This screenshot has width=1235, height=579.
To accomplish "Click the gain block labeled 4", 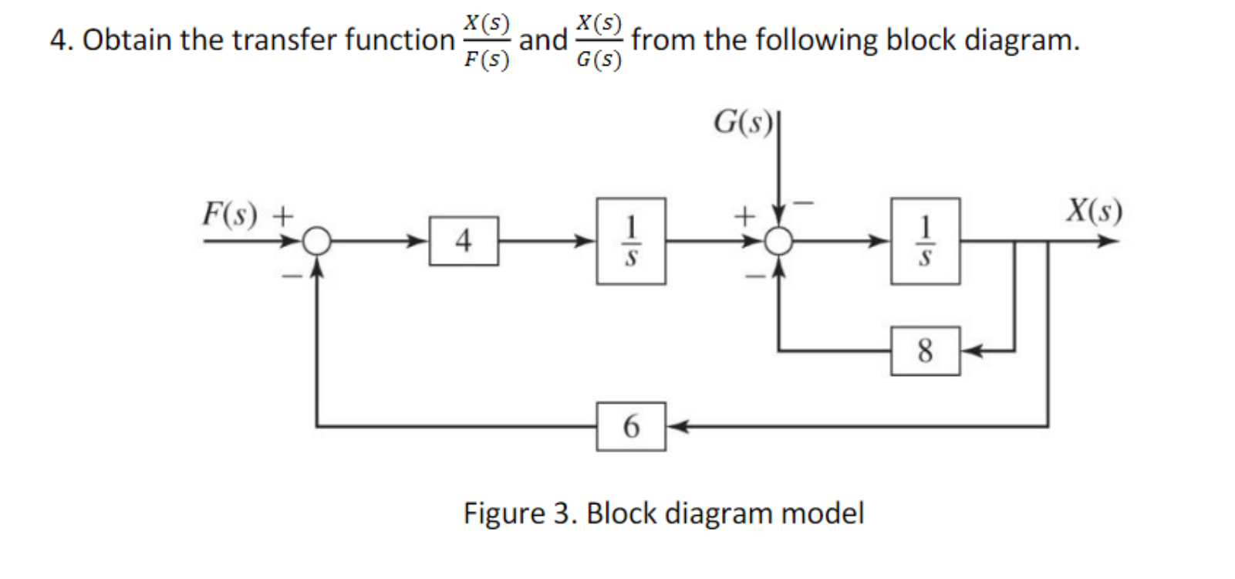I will [463, 242].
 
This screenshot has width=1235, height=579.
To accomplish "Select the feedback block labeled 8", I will [925, 351].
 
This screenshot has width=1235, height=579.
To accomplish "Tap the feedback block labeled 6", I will [630, 425].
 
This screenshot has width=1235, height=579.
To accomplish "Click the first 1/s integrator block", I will [630, 241].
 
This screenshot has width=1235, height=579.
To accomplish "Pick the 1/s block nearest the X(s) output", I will [925, 241].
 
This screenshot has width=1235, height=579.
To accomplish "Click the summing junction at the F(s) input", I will [316, 242].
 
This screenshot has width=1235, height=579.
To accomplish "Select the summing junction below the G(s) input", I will [779, 242].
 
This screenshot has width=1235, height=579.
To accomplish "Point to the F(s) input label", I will [229, 214].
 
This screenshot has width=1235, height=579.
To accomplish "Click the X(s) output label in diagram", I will [1094, 210].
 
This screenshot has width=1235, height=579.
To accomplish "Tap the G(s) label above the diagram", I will [743, 122].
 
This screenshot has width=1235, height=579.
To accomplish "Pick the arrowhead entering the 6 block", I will [676, 425].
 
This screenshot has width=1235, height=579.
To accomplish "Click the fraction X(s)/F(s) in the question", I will [486, 41].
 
